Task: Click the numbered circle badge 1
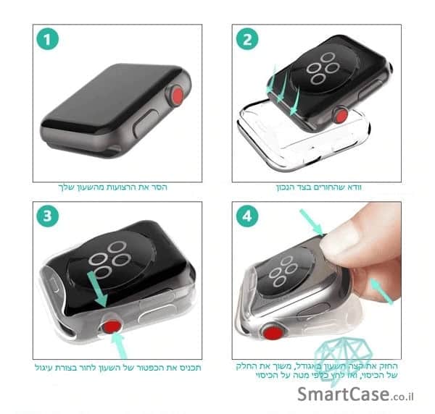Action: tap(47, 39)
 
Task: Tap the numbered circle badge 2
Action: tap(247, 39)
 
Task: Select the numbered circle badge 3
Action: tap(47, 216)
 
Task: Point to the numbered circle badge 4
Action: tap(247, 216)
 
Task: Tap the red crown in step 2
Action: tap(341, 116)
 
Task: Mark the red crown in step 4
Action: tap(273, 333)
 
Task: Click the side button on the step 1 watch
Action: tap(146, 122)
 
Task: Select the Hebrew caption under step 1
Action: tap(112, 187)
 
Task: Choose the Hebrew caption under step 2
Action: tap(318, 187)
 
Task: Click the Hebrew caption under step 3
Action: tap(118, 368)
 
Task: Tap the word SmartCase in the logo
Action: tap(343, 394)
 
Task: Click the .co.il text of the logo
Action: tap(402, 397)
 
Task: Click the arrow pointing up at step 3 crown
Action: tap(120, 345)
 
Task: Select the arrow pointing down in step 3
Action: tap(98, 289)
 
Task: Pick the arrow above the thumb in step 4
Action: tap(312, 222)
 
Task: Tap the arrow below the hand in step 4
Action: tap(382, 292)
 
